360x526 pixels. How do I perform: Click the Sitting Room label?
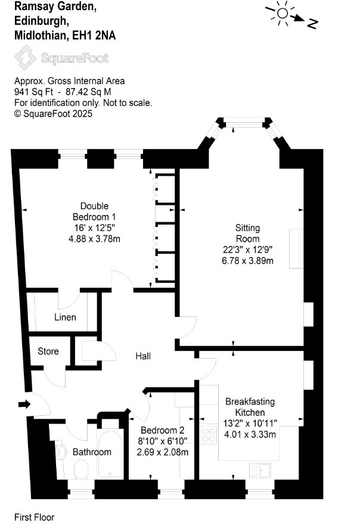pos(247,233)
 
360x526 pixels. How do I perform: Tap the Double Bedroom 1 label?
pos(94,211)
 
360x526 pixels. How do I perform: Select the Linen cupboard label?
pos(65,317)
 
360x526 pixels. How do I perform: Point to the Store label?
pos(48,351)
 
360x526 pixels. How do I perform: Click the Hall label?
pos(143,356)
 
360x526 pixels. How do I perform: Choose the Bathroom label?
pos(92,452)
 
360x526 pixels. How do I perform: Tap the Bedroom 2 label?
pos(162,430)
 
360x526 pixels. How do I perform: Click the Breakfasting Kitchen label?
pos(250,407)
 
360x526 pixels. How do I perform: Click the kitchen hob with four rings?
pos(209,435)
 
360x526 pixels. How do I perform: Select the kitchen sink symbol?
pos(260,470)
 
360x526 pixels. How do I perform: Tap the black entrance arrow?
pos(24,404)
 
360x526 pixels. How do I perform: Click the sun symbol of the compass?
pos(283,13)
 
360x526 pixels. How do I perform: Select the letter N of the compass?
pos(312,23)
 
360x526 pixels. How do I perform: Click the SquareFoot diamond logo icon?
pos(25,58)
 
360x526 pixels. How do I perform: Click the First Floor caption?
pos(34,517)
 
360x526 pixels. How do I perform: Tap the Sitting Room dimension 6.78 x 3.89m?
pos(247,260)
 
